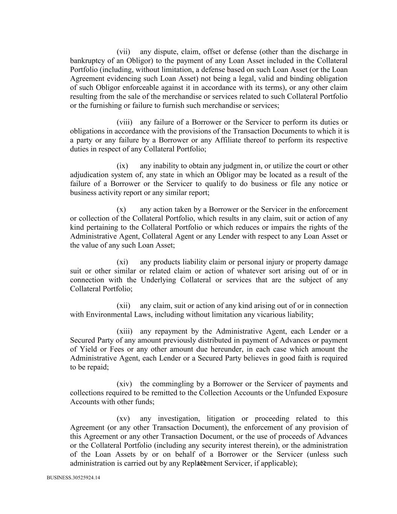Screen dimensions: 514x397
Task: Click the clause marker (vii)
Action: click(123, 52)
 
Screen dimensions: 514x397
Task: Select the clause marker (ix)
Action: click(122, 166)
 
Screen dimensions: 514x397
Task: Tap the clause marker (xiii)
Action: click(125, 331)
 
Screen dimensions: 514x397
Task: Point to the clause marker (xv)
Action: click(123, 418)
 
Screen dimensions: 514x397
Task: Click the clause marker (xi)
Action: click(122, 262)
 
